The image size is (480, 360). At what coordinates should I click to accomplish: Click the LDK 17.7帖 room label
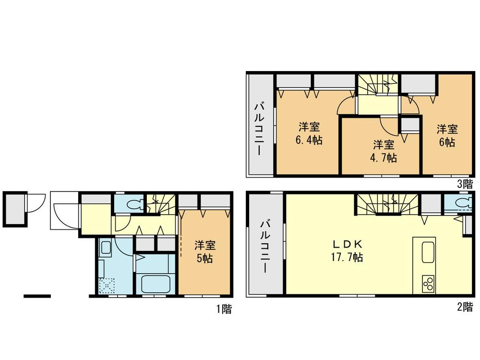click(347, 251)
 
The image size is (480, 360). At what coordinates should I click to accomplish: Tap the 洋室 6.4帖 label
click(309, 133)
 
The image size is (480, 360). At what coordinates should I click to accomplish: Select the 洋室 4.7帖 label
click(384, 151)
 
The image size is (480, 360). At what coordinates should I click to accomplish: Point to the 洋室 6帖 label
click(447, 136)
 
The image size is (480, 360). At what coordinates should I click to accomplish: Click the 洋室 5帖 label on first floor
click(204, 252)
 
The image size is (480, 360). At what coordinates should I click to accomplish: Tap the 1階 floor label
click(224, 309)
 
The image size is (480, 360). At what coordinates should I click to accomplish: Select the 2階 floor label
click(465, 307)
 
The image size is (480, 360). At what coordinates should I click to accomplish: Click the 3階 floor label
click(465, 184)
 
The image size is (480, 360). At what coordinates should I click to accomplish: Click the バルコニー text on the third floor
click(260, 129)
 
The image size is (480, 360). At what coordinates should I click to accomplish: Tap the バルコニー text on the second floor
click(265, 246)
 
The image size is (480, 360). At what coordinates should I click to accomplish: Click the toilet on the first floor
click(135, 204)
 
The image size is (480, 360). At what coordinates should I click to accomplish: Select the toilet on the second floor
click(464, 203)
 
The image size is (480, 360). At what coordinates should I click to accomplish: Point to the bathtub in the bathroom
click(155, 284)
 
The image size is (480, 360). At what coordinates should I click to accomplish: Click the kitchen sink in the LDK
click(428, 252)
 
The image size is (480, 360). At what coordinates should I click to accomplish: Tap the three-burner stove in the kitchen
click(428, 284)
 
